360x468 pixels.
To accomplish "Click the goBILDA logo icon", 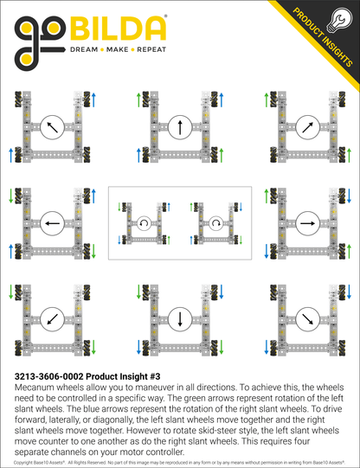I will click(x=38, y=42).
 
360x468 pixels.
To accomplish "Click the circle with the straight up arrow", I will click(x=180, y=127).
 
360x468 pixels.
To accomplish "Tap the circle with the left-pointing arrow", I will click(x=51, y=222).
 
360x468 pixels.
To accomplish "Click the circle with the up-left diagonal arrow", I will click(x=51, y=127).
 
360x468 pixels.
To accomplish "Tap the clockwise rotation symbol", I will click(x=216, y=222).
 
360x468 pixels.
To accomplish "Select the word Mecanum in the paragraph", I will click(x=35, y=388).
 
